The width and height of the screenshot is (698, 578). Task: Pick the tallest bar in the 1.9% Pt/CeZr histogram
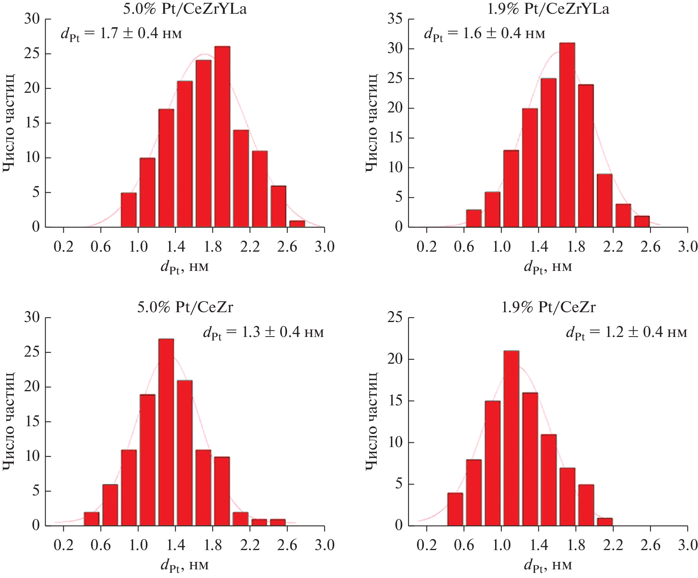tap(511, 438)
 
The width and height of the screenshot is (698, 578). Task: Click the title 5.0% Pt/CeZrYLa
tap(185, 9)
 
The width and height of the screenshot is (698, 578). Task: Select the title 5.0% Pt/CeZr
tap(185, 307)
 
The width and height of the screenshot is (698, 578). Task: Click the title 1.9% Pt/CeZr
tap(548, 307)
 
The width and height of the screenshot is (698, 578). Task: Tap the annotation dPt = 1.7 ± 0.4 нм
tap(121, 34)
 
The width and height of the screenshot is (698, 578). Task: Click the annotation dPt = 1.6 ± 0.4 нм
tap(484, 34)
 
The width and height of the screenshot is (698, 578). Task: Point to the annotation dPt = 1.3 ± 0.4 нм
tap(263, 333)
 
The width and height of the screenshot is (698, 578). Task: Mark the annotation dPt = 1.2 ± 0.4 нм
tap(626, 333)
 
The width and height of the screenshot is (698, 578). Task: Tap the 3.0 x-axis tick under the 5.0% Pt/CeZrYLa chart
tap(324, 247)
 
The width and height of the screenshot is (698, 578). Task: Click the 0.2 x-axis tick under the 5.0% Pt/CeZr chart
tap(63, 545)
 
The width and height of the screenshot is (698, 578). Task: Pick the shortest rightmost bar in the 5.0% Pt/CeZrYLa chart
tap(297, 224)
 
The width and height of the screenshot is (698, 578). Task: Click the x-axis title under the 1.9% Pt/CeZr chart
tap(548, 565)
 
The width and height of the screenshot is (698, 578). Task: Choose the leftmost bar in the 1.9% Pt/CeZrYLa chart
tap(474, 218)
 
